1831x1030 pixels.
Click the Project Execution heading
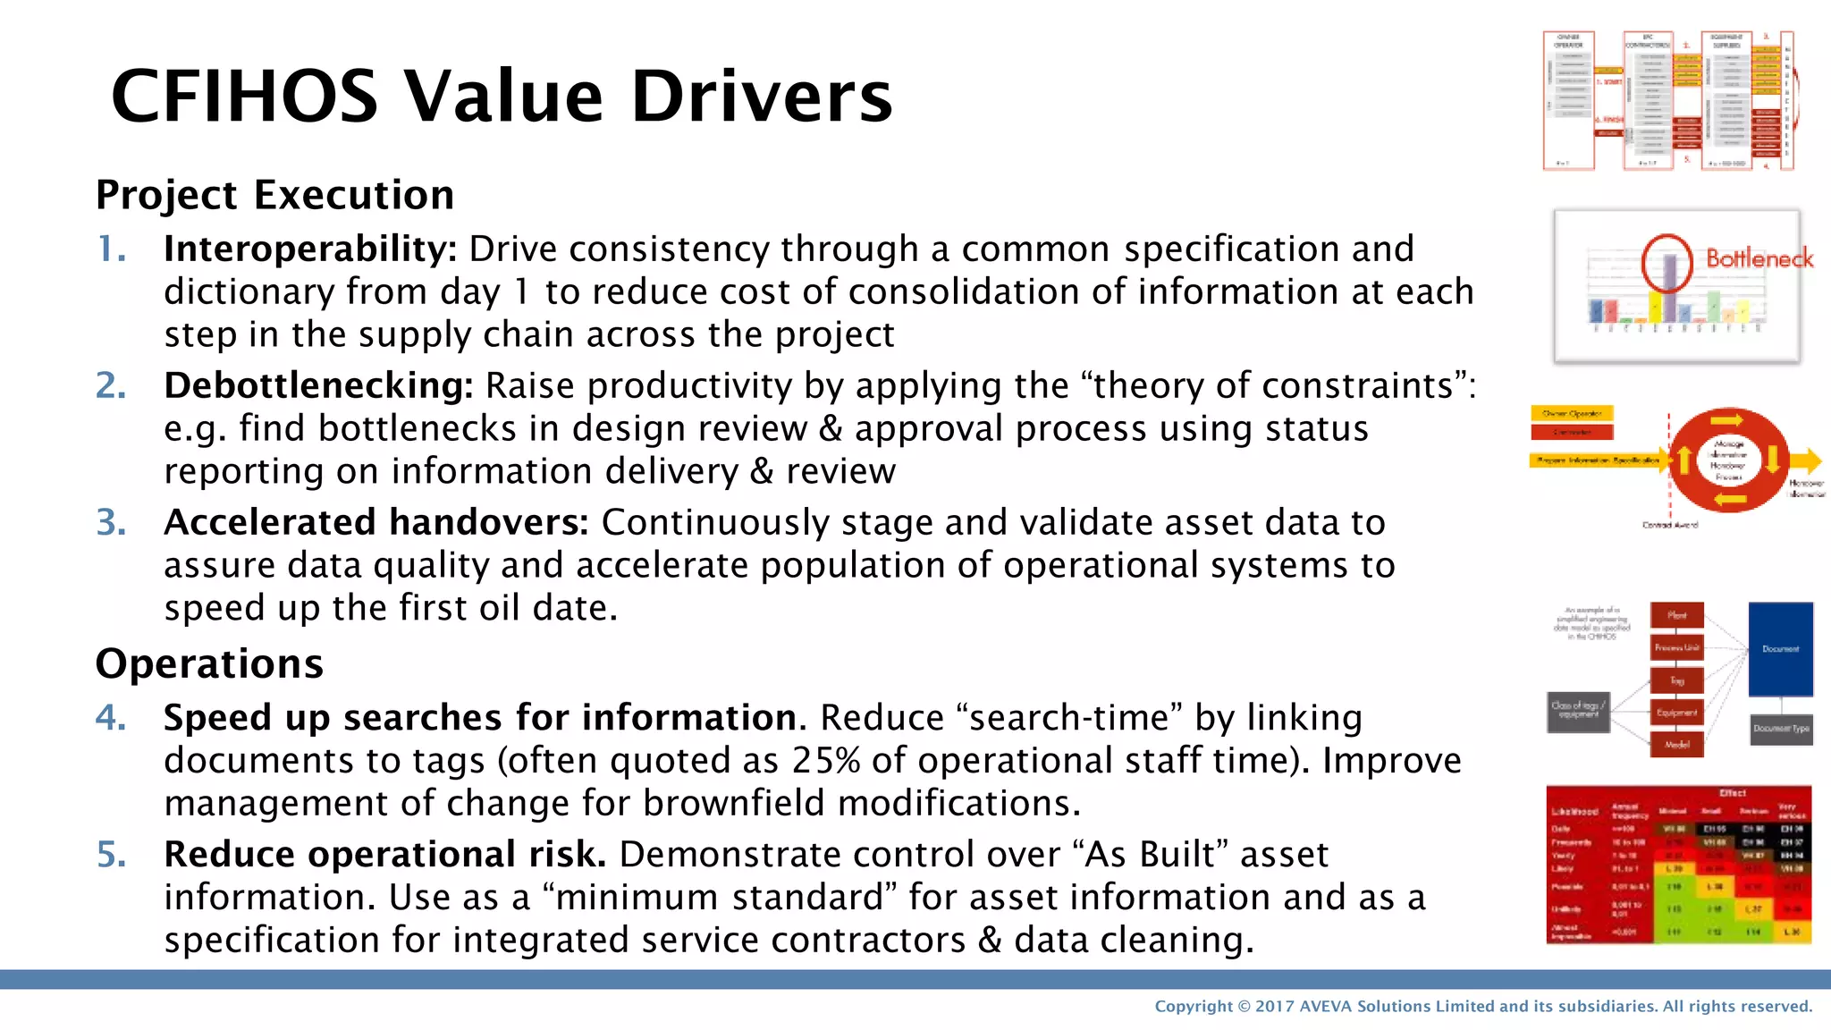(274, 195)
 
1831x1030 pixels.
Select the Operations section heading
(209, 663)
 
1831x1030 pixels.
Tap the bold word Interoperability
(309, 249)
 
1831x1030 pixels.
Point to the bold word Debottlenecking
(318, 386)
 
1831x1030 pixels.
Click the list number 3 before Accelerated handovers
(111, 523)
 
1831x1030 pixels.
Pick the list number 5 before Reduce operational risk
(111, 855)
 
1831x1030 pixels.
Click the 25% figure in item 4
(826, 761)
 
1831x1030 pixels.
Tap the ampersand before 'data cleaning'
(990, 941)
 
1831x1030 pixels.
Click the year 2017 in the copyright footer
(1274, 1007)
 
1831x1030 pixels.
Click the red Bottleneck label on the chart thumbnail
(1759, 259)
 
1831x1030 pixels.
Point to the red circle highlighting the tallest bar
(1666, 262)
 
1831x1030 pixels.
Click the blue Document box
(1780, 649)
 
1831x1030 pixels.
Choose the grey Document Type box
(1780, 729)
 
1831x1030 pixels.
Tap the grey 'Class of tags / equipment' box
(1578, 712)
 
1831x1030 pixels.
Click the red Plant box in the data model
(1676, 616)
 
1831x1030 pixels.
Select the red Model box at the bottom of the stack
(1676, 745)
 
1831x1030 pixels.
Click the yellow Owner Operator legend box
(1572, 414)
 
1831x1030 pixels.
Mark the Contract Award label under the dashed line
(1669, 526)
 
